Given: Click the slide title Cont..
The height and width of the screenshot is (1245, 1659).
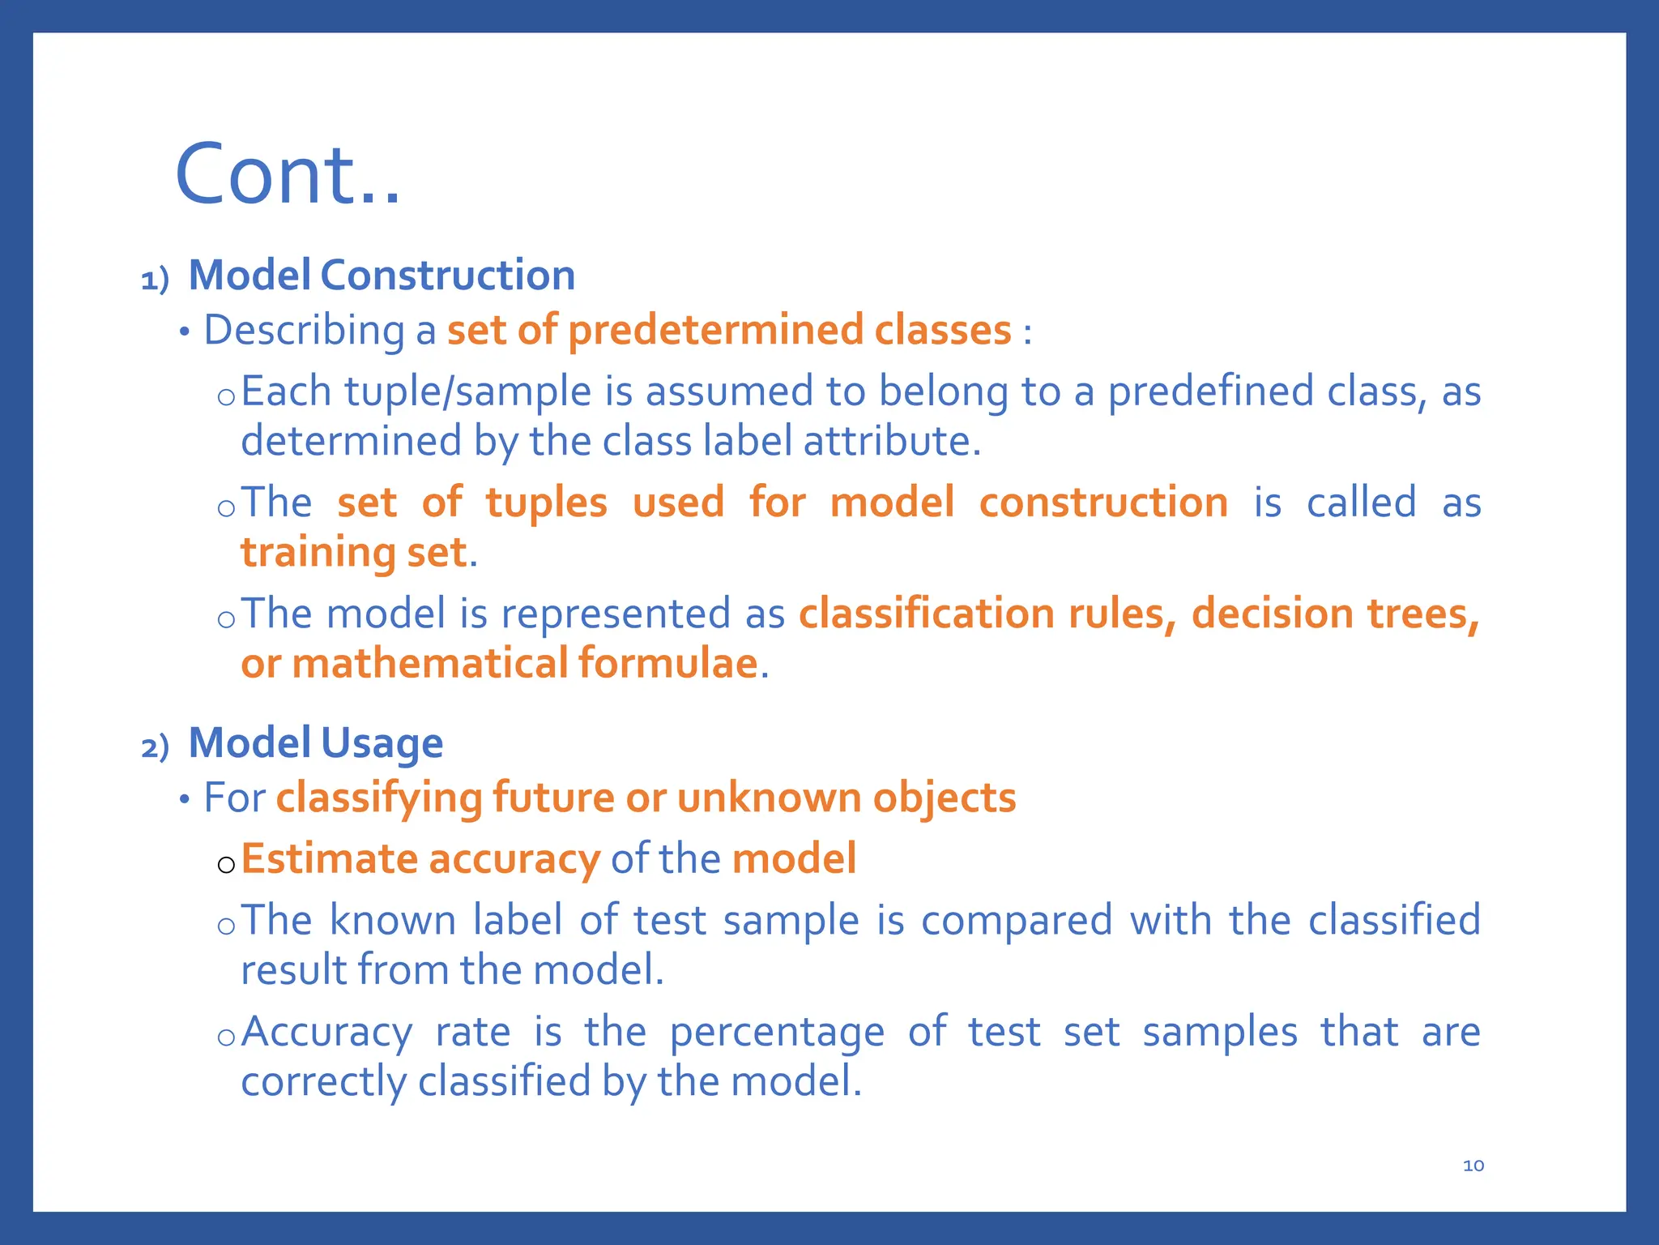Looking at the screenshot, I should tap(288, 175).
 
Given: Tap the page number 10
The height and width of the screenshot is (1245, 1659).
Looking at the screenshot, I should tap(1473, 1166).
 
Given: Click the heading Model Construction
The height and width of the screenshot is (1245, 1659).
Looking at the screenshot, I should tap(382, 275).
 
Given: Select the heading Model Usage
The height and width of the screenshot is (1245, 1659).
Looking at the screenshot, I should tap(315, 742).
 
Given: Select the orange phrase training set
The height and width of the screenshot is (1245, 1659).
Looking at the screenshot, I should tap(353, 553).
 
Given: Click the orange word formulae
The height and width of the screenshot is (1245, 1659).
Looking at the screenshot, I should tap(667, 663).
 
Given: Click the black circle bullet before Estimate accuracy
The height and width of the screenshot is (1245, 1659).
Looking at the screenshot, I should tap(226, 865).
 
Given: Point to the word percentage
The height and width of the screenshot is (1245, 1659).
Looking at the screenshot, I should tap(777, 1033).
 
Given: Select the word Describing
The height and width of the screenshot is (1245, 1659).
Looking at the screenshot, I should tap(304, 330).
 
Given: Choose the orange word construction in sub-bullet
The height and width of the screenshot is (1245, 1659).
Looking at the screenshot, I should tap(1103, 503).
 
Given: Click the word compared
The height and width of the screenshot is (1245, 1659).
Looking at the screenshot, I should tap(1017, 921).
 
